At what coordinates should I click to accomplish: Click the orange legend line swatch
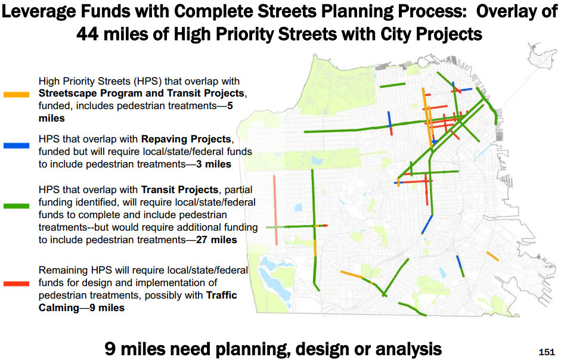pos(17,95)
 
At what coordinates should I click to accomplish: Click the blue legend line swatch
pos(17,145)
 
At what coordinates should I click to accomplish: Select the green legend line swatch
pos(17,206)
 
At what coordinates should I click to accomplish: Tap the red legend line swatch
pos(17,284)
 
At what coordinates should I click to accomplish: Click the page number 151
pos(547,352)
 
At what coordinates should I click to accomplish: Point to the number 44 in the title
pos(88,35)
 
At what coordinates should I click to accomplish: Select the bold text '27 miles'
pos(216,240)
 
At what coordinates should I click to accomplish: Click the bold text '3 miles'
pos(213,165)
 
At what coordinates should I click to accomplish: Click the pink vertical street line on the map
pos(275,210)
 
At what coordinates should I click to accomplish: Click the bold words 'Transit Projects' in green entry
pos(179,190)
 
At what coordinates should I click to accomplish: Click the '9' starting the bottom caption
pos(110,349)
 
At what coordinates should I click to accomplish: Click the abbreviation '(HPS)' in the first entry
pos(148,81)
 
